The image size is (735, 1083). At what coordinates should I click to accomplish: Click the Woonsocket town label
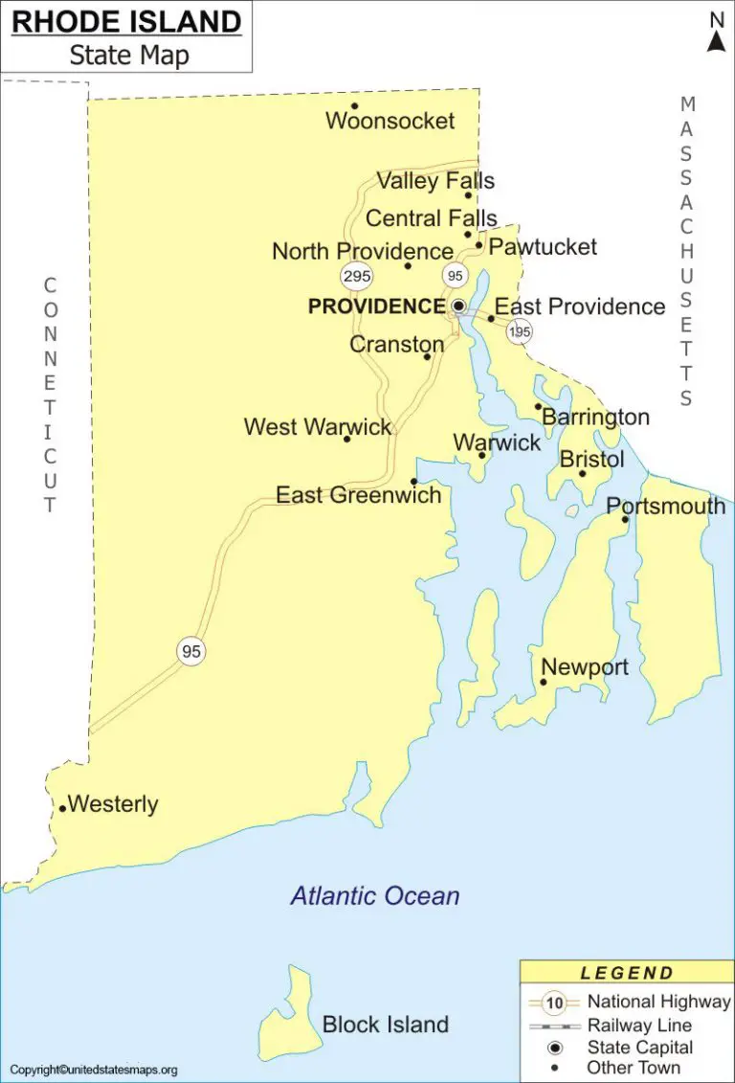(390, 122)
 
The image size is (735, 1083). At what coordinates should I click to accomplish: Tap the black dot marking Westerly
(63, 808)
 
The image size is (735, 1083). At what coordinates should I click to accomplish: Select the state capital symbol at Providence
(458, 306)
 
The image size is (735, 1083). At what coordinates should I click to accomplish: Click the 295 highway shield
(356, 276)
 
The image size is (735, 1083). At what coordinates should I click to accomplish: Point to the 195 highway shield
(520, 331)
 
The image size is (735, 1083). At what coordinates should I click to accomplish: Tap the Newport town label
(585, 667)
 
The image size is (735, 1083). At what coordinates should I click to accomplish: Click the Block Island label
(385, 1025)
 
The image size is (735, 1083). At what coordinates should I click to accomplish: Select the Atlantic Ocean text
(375, 896)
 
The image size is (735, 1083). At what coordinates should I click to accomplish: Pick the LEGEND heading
(627, 973)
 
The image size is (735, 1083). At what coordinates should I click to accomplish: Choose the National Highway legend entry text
(658, 1002)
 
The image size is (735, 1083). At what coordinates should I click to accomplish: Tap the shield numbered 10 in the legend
(555, 1004)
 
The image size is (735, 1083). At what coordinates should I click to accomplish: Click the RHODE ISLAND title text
(125, 22)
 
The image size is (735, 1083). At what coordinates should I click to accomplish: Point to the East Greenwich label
(359, 495)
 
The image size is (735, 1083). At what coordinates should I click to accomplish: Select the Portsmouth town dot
(625, 519)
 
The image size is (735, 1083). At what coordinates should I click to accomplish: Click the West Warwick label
(318, 427)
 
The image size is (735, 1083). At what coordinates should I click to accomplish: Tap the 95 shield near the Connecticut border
(191, 651)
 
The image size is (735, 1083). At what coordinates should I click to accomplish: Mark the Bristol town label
(591, 460)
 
